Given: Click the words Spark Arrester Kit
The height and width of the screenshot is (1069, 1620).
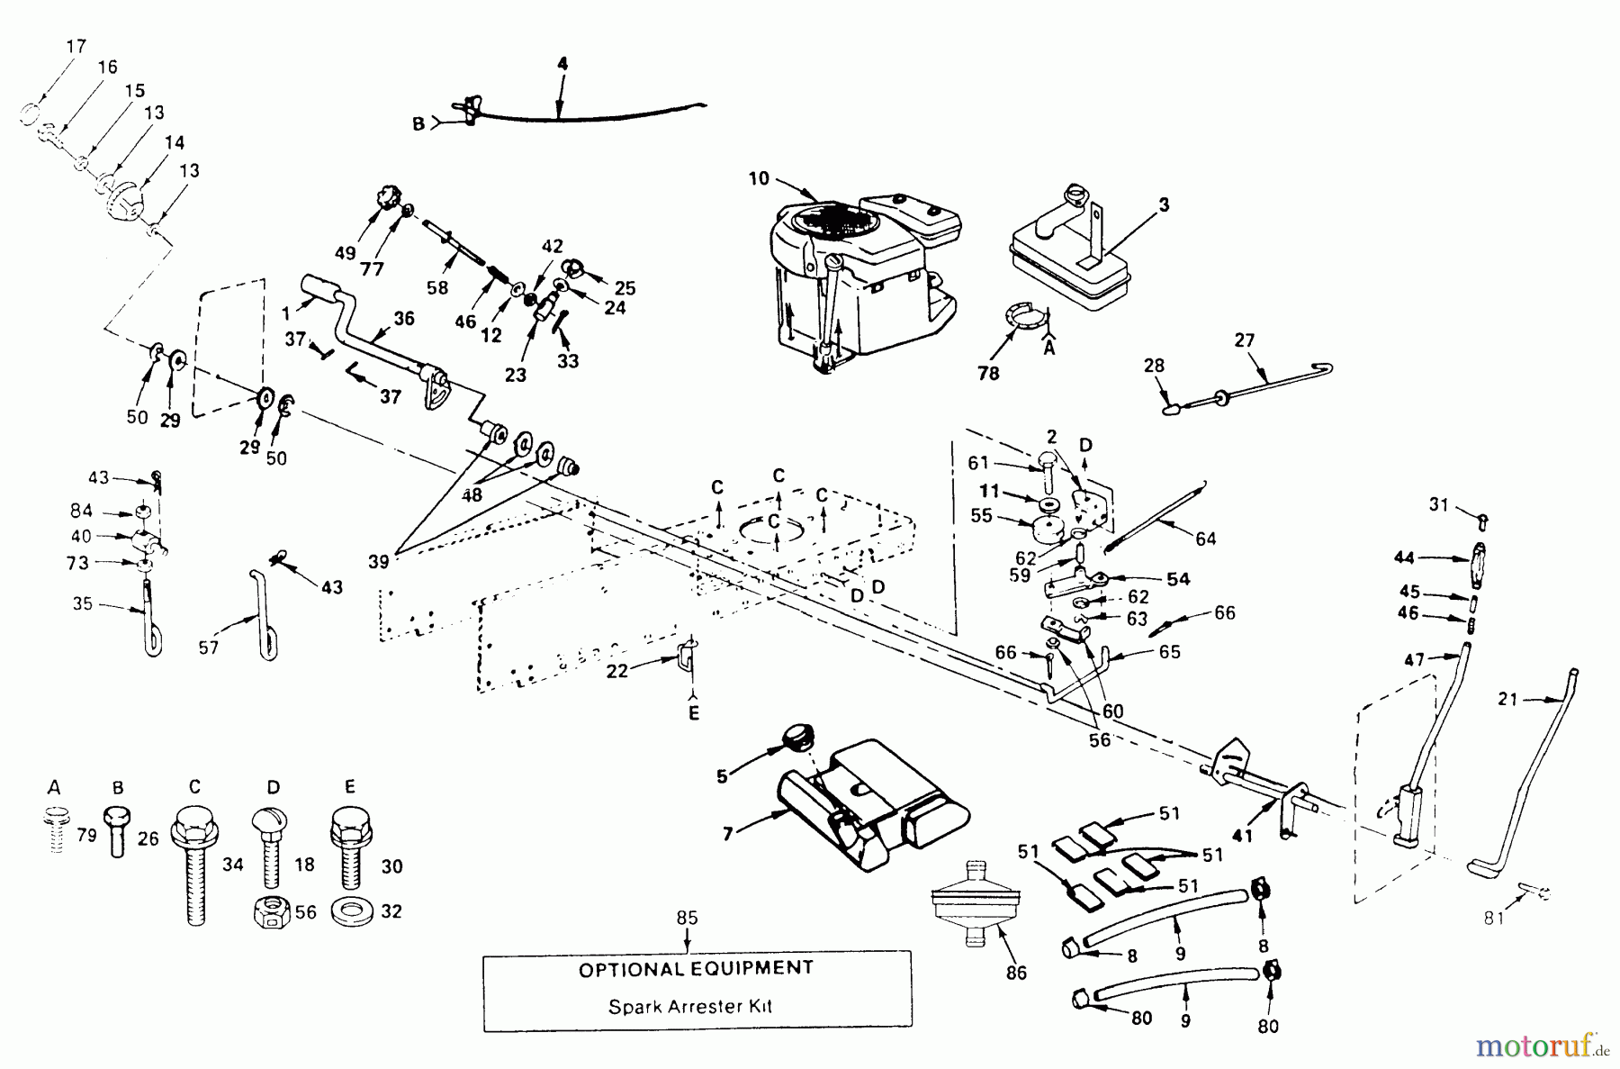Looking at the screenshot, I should (690, 1006).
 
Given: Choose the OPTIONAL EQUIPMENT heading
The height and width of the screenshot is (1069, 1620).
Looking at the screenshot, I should (696, 969).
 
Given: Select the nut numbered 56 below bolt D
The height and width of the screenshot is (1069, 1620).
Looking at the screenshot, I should (271, 912).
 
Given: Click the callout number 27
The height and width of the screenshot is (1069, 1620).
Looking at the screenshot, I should (1245, 340).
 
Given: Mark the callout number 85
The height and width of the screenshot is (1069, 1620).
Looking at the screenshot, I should (687, 920).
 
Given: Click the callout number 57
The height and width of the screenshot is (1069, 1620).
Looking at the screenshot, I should (208, 647).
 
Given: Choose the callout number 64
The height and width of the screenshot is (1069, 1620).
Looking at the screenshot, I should (1205, 539).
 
